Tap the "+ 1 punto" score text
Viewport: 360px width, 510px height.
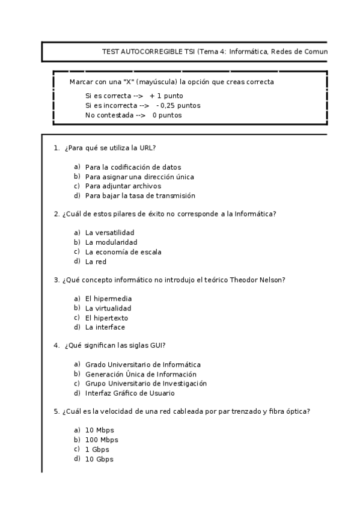pos(166,96)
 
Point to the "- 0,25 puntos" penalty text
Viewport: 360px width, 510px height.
pos(178,106)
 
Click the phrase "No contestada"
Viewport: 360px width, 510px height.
pos(109,115)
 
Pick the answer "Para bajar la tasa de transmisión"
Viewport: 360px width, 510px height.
pos(140,196)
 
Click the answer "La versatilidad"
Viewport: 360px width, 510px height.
pos(110,233)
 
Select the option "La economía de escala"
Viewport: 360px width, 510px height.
pos(123,252)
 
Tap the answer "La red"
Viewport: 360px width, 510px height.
pos(96,262)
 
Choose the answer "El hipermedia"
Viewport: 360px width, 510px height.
pos(108,299)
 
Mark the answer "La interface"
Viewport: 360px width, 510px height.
pos(105,328)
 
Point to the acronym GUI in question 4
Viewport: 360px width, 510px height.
pos(155,345)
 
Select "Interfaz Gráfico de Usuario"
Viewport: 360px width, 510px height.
pos(130,394)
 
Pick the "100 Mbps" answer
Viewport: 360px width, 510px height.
pos(102,440)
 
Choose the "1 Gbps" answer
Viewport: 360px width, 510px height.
pos(97,450)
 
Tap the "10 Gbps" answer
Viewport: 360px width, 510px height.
pos(99,459)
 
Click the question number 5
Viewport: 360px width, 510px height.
pos(56,412)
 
